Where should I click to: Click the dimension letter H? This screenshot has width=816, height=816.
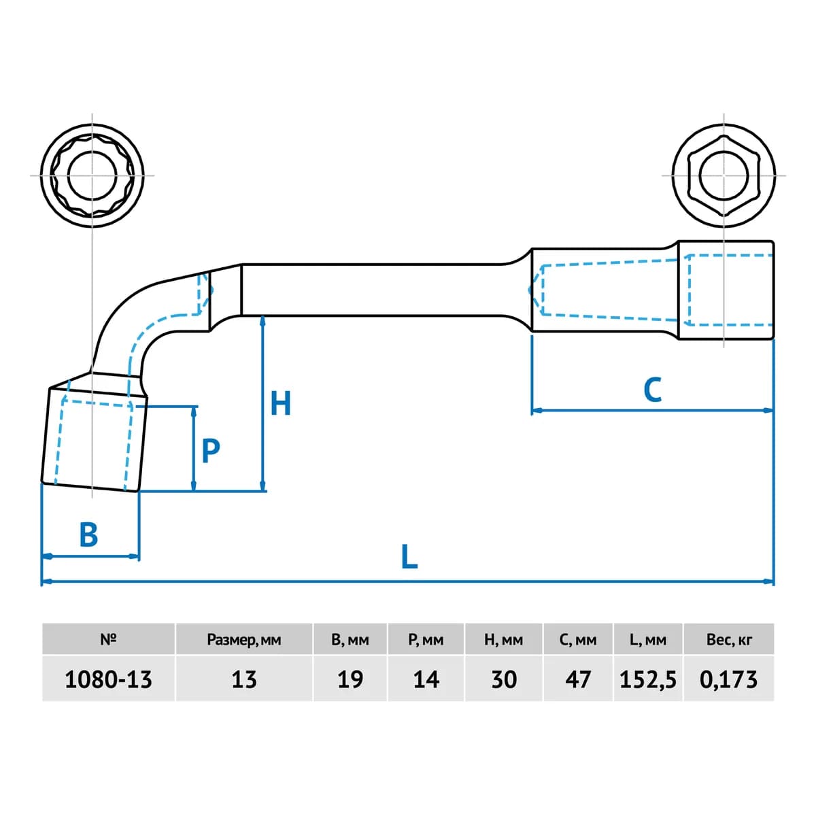(x=280, y=403)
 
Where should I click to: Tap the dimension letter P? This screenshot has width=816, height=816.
(x=210, y=451)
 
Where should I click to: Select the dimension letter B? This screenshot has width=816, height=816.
(x=88, y=534)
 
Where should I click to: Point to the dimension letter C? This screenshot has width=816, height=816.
(x=652, y=390)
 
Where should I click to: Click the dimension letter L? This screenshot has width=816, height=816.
(x=409, y=557)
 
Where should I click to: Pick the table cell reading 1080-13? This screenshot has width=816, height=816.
(x=108, y=679)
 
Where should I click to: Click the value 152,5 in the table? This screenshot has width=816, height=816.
(x=647, y=680)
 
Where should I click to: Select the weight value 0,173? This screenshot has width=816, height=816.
(x=728, y=680)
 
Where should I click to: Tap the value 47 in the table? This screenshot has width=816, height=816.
(x=577, y=679)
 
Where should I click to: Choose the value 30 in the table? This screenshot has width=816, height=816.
(x=503, y=679)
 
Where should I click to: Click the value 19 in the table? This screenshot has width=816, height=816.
(x=350, y=679)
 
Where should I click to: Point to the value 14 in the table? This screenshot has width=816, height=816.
(x=426, y=679)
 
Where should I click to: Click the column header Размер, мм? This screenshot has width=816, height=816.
(x=244, y=640)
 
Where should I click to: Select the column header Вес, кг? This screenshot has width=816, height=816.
(x=729, y=639)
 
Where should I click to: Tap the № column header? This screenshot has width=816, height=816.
(x=108, y=639)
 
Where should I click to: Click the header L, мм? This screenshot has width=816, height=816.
(x=647, y=639)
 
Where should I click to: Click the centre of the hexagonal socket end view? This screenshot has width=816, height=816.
(x=724, y=175)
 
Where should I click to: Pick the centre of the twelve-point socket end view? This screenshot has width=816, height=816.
(x=92, y=175)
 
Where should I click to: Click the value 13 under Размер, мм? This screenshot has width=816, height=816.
(x=244, y=679)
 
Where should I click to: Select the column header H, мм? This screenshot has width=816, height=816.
(x=503, y=639)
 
